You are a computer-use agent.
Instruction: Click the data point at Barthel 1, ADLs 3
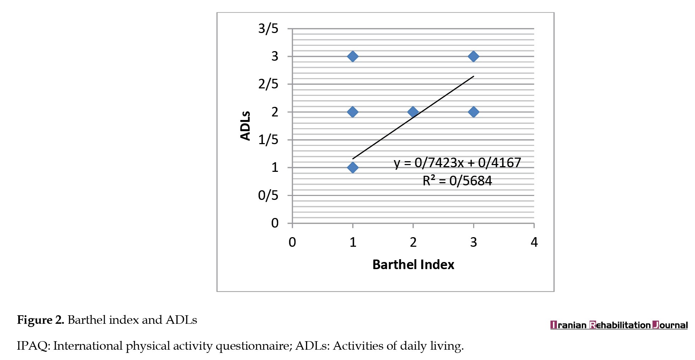coord(352,56)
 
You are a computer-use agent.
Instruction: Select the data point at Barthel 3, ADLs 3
coord(473,56)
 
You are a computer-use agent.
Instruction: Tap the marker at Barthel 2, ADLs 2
coord(413,112)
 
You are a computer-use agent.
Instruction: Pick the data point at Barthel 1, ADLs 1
coord(352,168)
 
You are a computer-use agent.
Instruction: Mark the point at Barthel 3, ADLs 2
coord(473,112)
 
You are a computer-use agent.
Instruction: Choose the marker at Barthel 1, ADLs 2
coord(352,112)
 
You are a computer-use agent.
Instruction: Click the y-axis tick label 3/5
coord(268,29)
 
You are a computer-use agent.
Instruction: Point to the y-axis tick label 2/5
coord(268,84)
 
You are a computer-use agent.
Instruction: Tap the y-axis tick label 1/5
coord(268,140)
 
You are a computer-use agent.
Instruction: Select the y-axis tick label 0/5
coord(268,195)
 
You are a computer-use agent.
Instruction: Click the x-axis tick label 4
coord(534,242)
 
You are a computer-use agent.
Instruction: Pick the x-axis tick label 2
coord(413,242)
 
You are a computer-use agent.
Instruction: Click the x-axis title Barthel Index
coord(413,265)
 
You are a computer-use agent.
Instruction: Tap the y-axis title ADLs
coord(245,126)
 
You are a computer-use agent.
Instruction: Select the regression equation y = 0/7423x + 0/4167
coord(457,163)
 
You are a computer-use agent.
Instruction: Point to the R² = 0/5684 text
coord(457,181)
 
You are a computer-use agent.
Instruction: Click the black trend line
coord(444,97)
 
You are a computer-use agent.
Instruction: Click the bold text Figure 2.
coord(40,320)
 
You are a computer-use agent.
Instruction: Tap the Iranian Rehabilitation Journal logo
coord(619,325)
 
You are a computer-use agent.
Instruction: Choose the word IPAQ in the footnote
coord(33,346)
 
